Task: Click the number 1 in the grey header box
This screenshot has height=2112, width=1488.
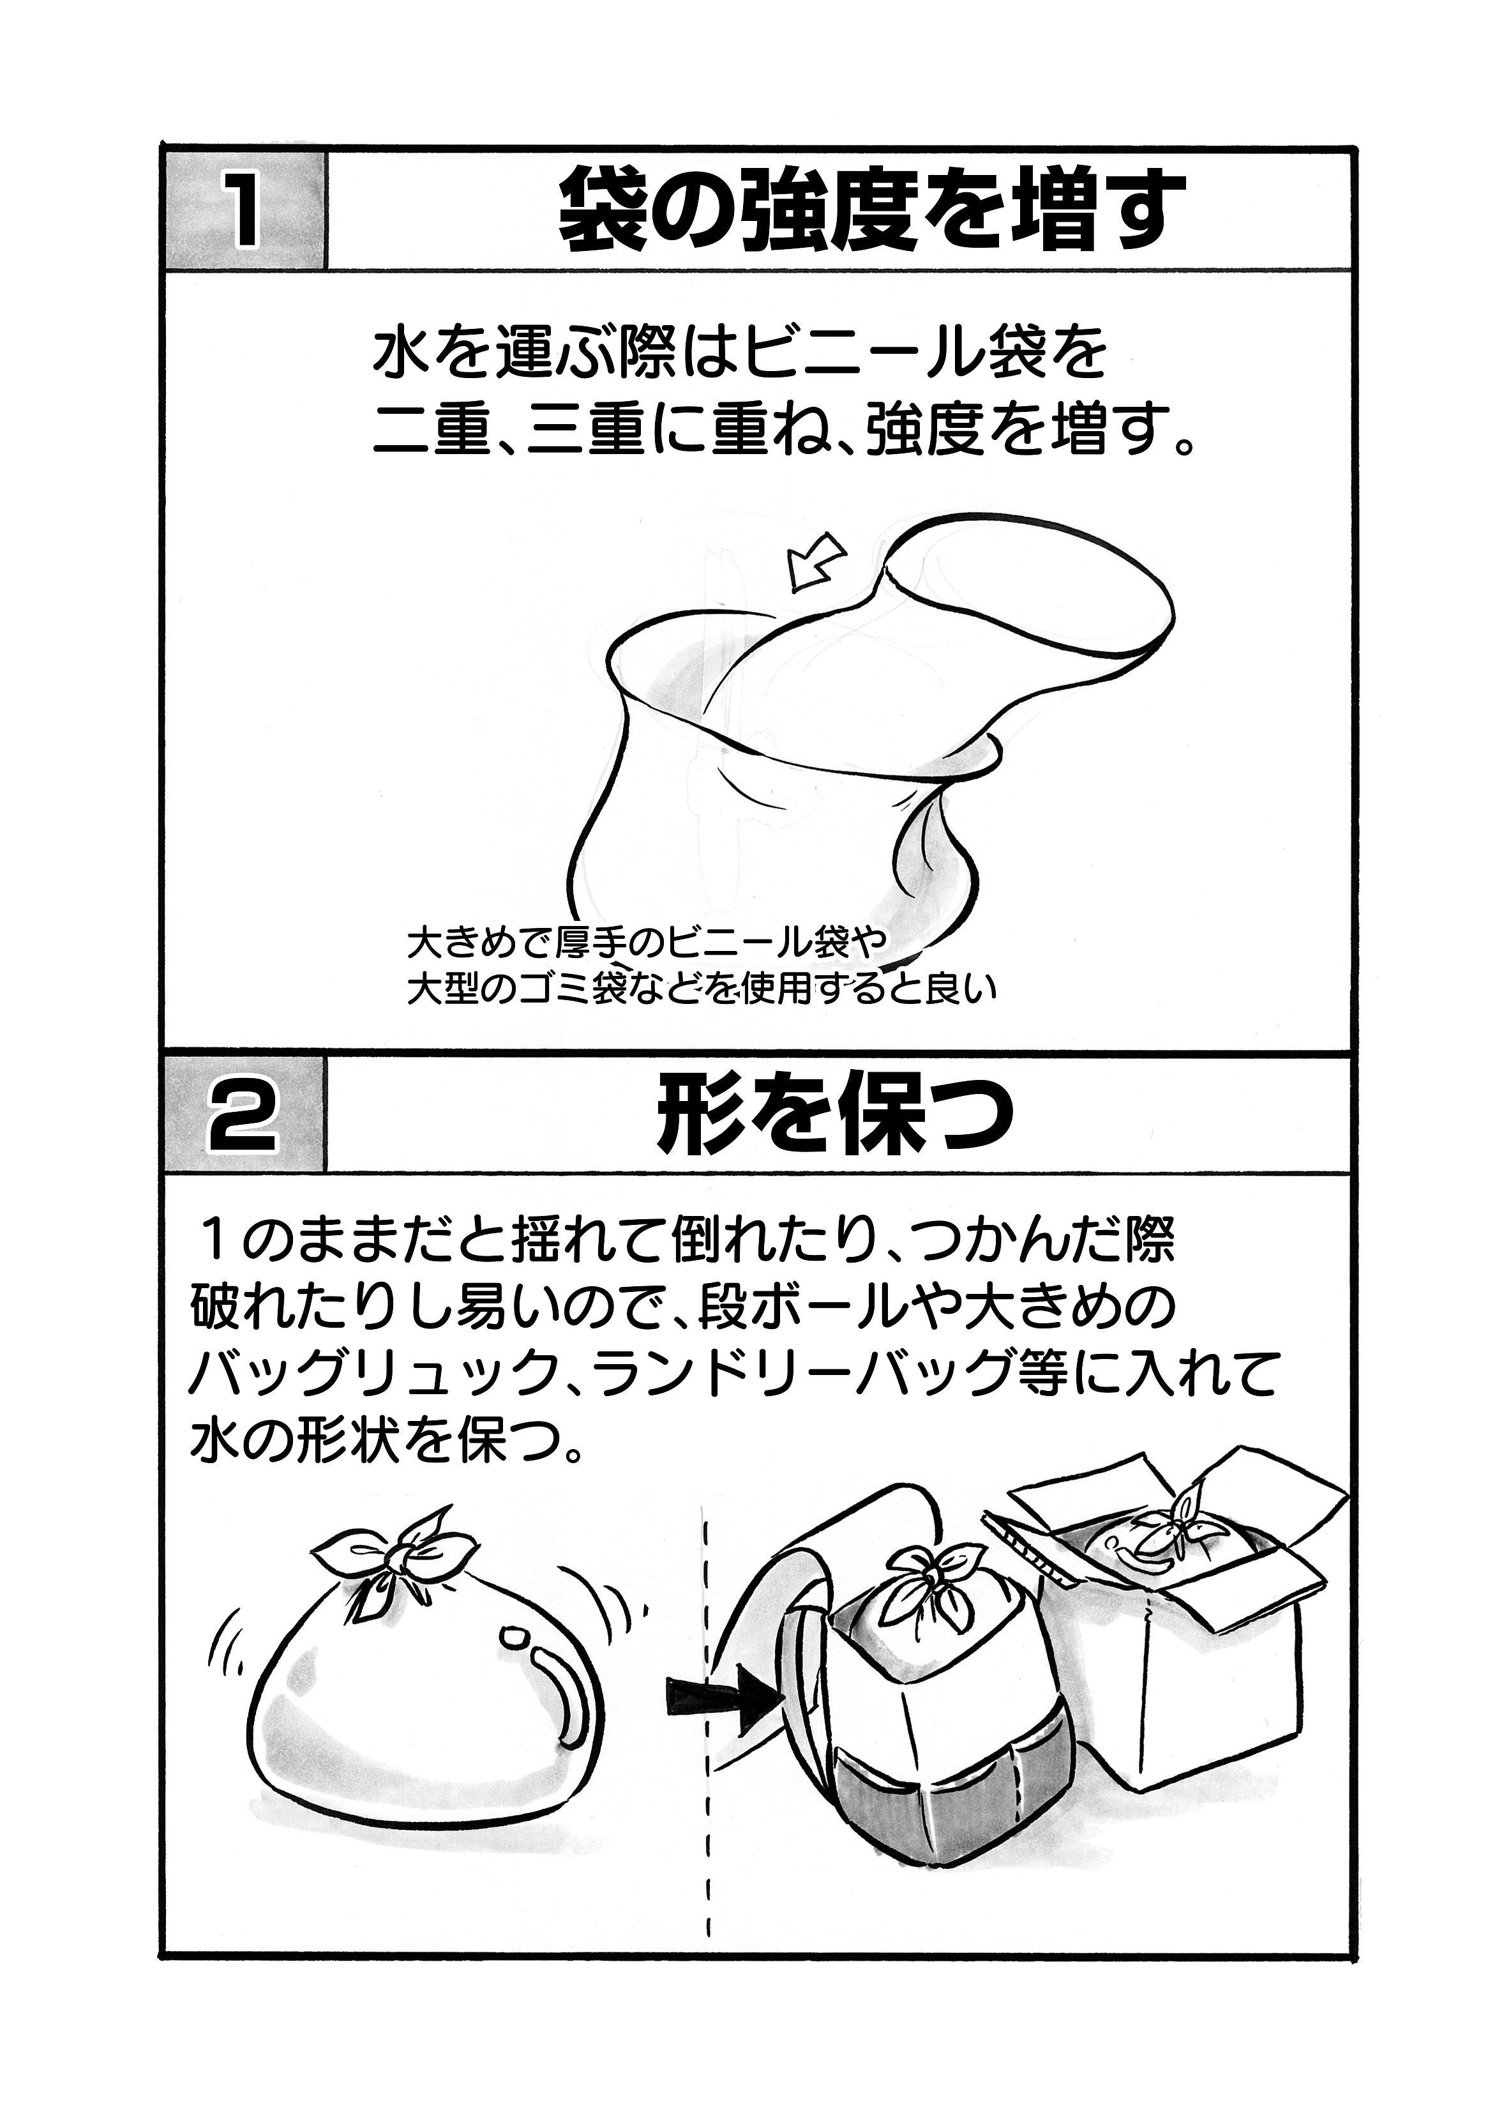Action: pos(244,211)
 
